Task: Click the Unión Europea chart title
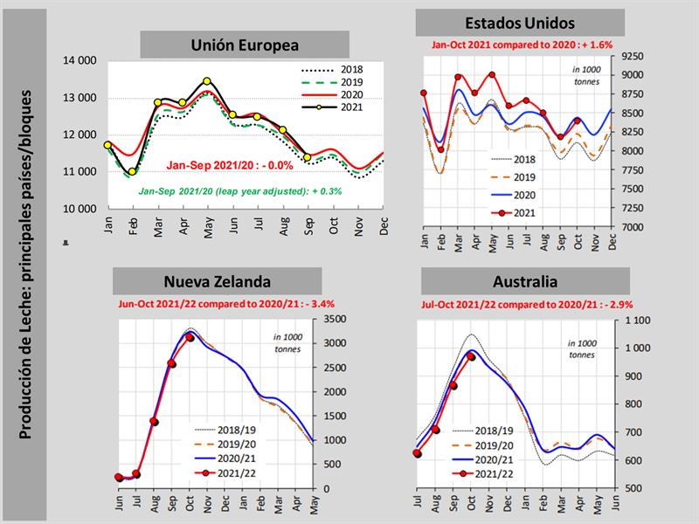(x=245, y=45)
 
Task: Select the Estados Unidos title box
(x=520, y=23)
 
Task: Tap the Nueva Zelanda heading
(x=218, y=281)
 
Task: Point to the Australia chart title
(x=524, y=281)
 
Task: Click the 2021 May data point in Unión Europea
(x=207, y=81)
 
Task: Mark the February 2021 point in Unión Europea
(x=132, y=172)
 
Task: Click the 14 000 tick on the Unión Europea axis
(x=80, y=60)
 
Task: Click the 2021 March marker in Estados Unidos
(x=459, y=77)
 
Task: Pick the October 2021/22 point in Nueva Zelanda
(x=190, y=337)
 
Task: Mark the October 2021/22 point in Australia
(x=472, y=356)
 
